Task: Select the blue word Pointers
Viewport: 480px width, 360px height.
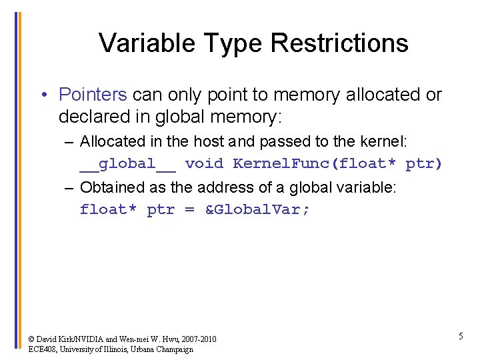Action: [93, 95]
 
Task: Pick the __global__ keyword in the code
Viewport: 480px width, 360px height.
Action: [127, 163]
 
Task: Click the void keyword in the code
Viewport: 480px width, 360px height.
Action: [204, 163]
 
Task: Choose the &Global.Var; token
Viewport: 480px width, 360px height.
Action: [257, 210]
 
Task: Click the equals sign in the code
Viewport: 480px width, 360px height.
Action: [189, 210]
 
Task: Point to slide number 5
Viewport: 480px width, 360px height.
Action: [461, 337]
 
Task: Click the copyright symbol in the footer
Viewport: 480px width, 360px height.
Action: [31, 339]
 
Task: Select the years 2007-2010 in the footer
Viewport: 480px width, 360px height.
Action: [195, 339]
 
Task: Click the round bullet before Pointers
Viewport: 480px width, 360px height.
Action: [42, 95]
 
